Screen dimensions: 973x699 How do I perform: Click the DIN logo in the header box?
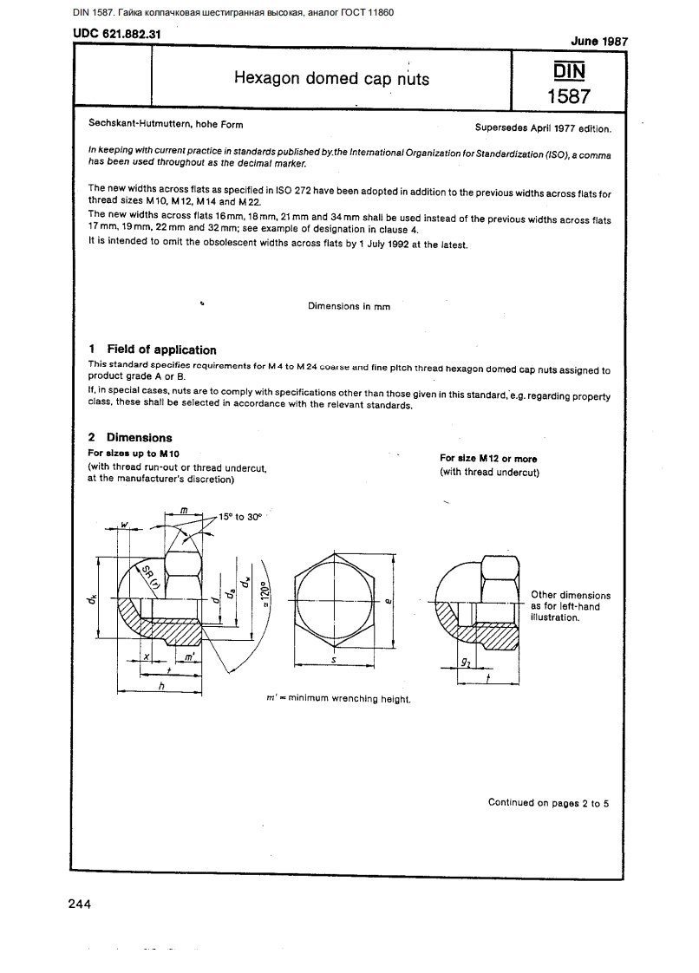click(569, 69)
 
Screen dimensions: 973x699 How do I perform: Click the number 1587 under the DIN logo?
click(569, 96)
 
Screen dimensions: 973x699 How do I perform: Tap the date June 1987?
click(599, 41)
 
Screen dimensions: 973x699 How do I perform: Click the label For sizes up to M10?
click(135, 454)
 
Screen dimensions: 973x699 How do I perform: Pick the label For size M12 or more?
click(488, 458)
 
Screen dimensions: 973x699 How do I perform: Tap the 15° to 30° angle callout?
click(240, 516)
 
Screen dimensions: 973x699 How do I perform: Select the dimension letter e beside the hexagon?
click(387, 599)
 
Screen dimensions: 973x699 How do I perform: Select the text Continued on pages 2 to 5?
click(548, 802)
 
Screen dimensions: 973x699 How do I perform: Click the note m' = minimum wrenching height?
click(336, 698)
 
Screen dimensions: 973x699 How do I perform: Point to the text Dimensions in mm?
click(349, 306)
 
